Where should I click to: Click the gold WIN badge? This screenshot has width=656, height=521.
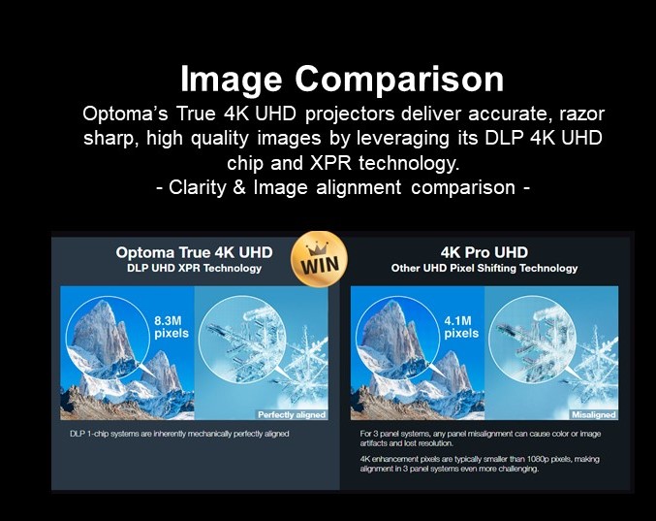(319, 259)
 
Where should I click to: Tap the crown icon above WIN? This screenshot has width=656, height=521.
(317, 249)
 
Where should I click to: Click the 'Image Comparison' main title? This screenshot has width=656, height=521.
(342, 80)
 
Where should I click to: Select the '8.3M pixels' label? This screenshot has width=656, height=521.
(172, 327)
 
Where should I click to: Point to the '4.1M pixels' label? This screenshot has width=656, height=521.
(461, 327)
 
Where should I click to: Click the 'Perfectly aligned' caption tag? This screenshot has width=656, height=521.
(292, 414)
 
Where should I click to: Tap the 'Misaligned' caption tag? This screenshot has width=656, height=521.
(594, 414)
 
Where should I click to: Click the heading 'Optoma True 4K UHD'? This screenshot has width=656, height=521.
(194, 252)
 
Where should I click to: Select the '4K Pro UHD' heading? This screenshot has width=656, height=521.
(484, 252)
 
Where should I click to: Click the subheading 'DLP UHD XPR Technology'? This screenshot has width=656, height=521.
(194, 268)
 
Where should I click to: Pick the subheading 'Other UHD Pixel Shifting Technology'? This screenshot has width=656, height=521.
(484, 268)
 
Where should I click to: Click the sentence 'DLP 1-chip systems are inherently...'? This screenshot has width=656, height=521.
(179, 434)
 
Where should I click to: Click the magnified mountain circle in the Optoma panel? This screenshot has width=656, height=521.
(109, 337)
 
